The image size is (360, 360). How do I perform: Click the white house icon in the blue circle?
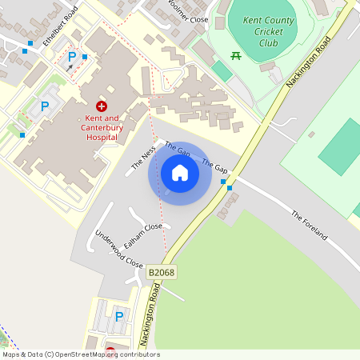click(x=180, y=173)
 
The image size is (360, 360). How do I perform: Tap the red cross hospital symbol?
click(x=102, y=106)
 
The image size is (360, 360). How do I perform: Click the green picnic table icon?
click(x=236, y=56)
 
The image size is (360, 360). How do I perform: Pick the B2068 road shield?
click(x=162, y=273)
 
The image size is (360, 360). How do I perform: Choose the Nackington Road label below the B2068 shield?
click(x=149, y=316)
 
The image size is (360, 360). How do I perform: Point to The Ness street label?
click(x=142, y=158)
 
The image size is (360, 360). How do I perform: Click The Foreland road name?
click(x=309, y=226)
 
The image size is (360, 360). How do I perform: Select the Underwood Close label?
click(x=118, y=249)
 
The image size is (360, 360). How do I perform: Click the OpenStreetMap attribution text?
click(x=80, y=354)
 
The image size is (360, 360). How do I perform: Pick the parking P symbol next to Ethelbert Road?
click(x=72, y=57)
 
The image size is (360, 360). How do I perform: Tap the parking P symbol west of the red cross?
click(x=45, y=105)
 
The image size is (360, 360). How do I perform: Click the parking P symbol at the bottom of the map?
click(x=119, y=317)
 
